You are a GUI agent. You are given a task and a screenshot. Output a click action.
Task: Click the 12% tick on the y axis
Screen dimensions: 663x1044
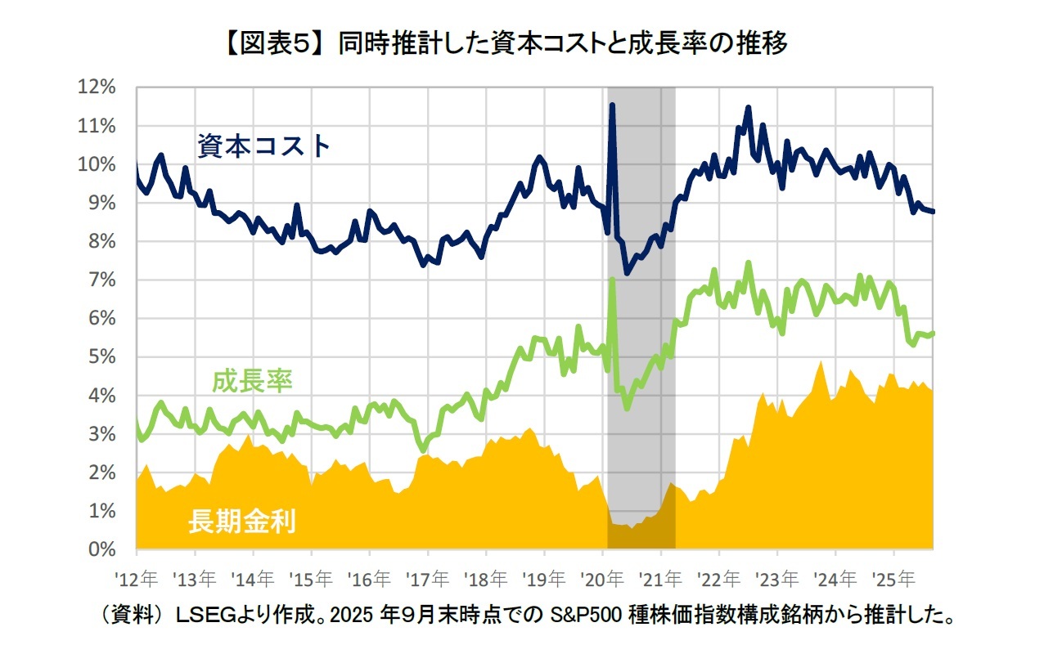pos(99,87)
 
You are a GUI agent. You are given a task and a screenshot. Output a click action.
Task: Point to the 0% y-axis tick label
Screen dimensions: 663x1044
pos(104,549)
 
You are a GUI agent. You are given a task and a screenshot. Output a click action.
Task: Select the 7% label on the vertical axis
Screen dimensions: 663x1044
pos(104,280)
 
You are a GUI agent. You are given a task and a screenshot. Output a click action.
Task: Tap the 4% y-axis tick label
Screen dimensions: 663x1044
pos(104,396)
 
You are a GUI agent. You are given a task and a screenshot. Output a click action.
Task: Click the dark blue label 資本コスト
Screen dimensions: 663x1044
pos(263,147)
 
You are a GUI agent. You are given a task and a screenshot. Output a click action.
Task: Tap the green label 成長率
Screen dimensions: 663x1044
pos(252,381)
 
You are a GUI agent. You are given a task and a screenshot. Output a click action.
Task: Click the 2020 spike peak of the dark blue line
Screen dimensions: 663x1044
pos(612,105)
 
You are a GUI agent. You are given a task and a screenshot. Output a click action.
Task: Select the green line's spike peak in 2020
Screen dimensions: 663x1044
pos(612,280)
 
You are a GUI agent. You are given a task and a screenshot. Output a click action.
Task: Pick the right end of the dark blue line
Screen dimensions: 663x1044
pos(934,212)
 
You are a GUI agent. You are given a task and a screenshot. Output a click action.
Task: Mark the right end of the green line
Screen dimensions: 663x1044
pos(934,333)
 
